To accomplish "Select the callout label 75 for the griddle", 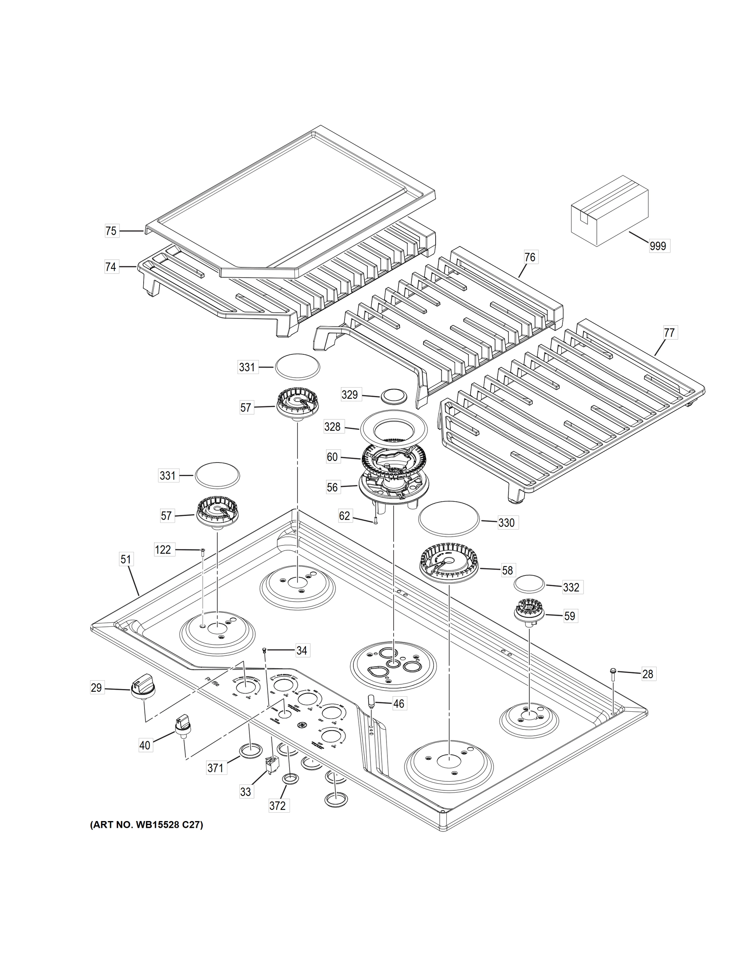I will (111, 230).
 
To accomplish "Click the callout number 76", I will (530, 257).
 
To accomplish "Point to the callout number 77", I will (669, 333).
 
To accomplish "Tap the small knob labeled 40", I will (182, 723).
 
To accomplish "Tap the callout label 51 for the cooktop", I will (126, 559).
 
